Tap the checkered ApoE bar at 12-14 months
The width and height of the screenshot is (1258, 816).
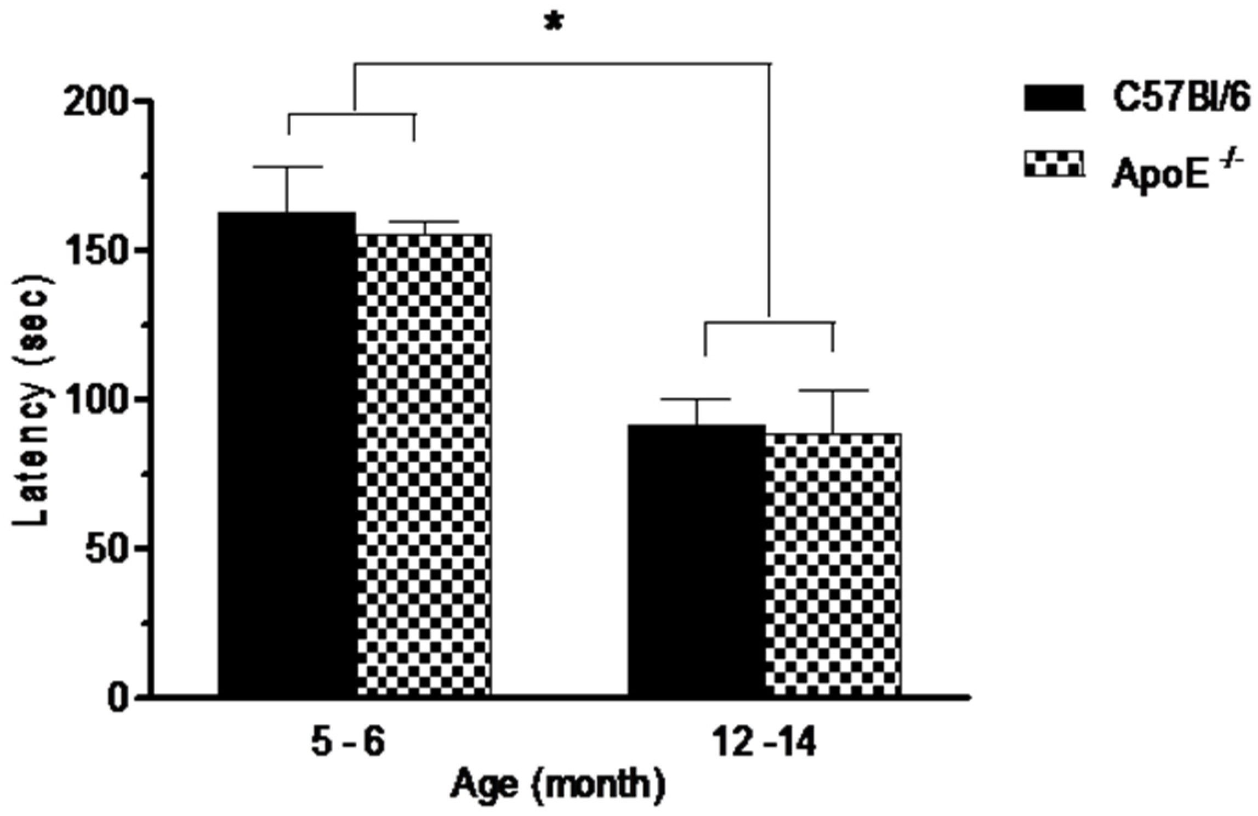coord(833,565)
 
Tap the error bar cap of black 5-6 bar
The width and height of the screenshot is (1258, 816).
coord(287,166)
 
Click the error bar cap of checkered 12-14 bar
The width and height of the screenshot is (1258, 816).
coord(833,390)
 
